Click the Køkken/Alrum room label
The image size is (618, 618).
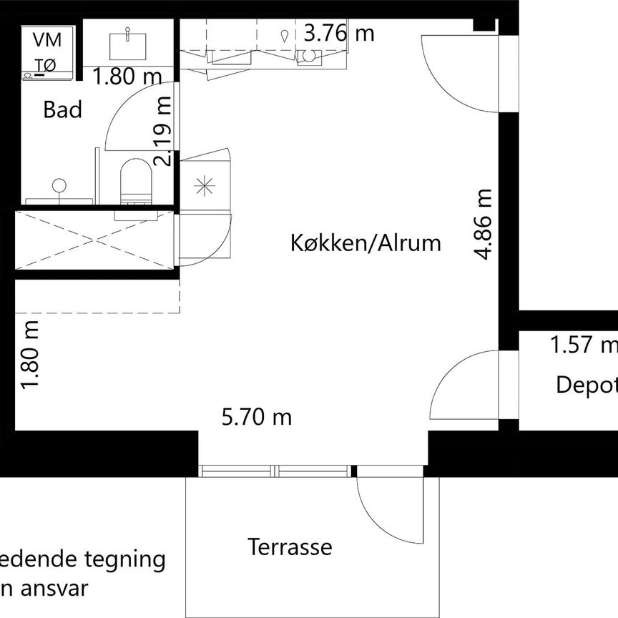click(x=366, y=243)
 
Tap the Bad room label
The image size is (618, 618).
click(x=63, y=110)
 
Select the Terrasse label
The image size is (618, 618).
click(x=290, y=547)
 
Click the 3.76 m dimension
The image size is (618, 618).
click(x=338, y=33)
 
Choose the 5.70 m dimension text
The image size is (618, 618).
click(x=257, y=416)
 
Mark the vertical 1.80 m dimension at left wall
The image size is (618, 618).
click(x=31, y=355)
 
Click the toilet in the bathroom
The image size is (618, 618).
click(x=136, y=180)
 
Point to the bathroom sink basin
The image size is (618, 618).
click(x=128, y=44)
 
